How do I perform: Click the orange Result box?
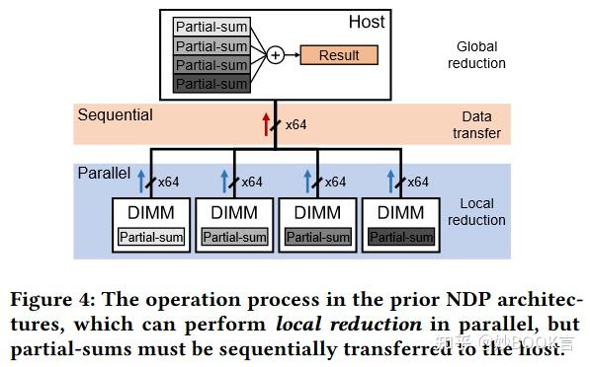[339, 55]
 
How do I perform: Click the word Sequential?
[116, 115]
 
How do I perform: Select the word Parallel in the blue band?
[104, 173]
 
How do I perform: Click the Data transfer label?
[481, 124]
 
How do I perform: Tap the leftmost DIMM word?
[151, 213]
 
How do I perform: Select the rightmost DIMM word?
[400, 213]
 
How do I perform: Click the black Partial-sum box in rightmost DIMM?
[401, 237]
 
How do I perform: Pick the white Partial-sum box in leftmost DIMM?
[151, 237]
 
